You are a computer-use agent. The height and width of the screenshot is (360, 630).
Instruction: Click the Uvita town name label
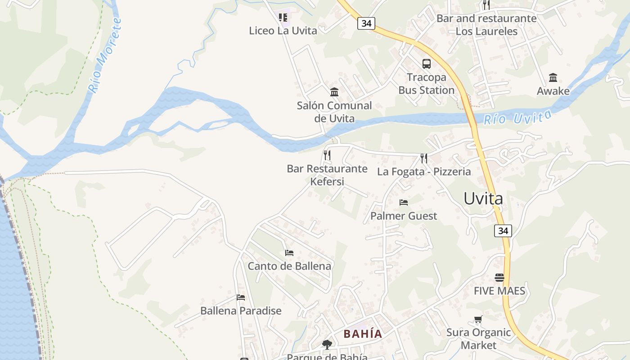[x=483, y=198]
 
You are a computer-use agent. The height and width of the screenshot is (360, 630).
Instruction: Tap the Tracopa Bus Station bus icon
[x=426, y=64]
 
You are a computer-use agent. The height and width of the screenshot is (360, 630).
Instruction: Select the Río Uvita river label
[x=517, y=117]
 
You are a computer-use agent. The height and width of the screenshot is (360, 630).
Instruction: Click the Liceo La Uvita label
[x=283, y=31]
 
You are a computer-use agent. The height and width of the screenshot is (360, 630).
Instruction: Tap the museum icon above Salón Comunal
[x=334, y=92]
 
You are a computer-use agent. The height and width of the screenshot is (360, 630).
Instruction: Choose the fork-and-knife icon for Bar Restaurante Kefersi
[x=327, y=155]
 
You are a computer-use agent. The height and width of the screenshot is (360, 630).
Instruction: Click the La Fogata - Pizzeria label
[x=424, y=171]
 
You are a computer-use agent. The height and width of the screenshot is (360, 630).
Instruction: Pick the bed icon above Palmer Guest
[x=404, y=202]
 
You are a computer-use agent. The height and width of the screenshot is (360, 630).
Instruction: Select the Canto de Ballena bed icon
[x=289, y=253]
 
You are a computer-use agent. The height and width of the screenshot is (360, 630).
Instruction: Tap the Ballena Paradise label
[x=241, y=310]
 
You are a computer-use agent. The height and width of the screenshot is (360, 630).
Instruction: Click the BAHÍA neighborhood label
[x=363, y=334]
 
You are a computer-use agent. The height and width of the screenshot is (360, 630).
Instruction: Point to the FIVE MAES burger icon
[x=499, y=277]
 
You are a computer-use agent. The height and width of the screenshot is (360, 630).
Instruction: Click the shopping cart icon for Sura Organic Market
[x=478, y=319]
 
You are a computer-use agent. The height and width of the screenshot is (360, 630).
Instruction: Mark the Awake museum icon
[x=553, y=77]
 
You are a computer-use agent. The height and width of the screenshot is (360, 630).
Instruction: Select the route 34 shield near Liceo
[x=366, y=23]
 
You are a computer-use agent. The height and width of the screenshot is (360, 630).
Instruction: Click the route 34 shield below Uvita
[x=503, y=231]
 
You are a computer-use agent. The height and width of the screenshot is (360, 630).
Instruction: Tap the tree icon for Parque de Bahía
[x=327, y=345]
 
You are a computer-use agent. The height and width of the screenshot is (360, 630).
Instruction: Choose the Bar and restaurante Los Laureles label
[x=486, y=25]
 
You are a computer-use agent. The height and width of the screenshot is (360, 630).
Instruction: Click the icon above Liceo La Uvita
[x=283, y=18]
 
